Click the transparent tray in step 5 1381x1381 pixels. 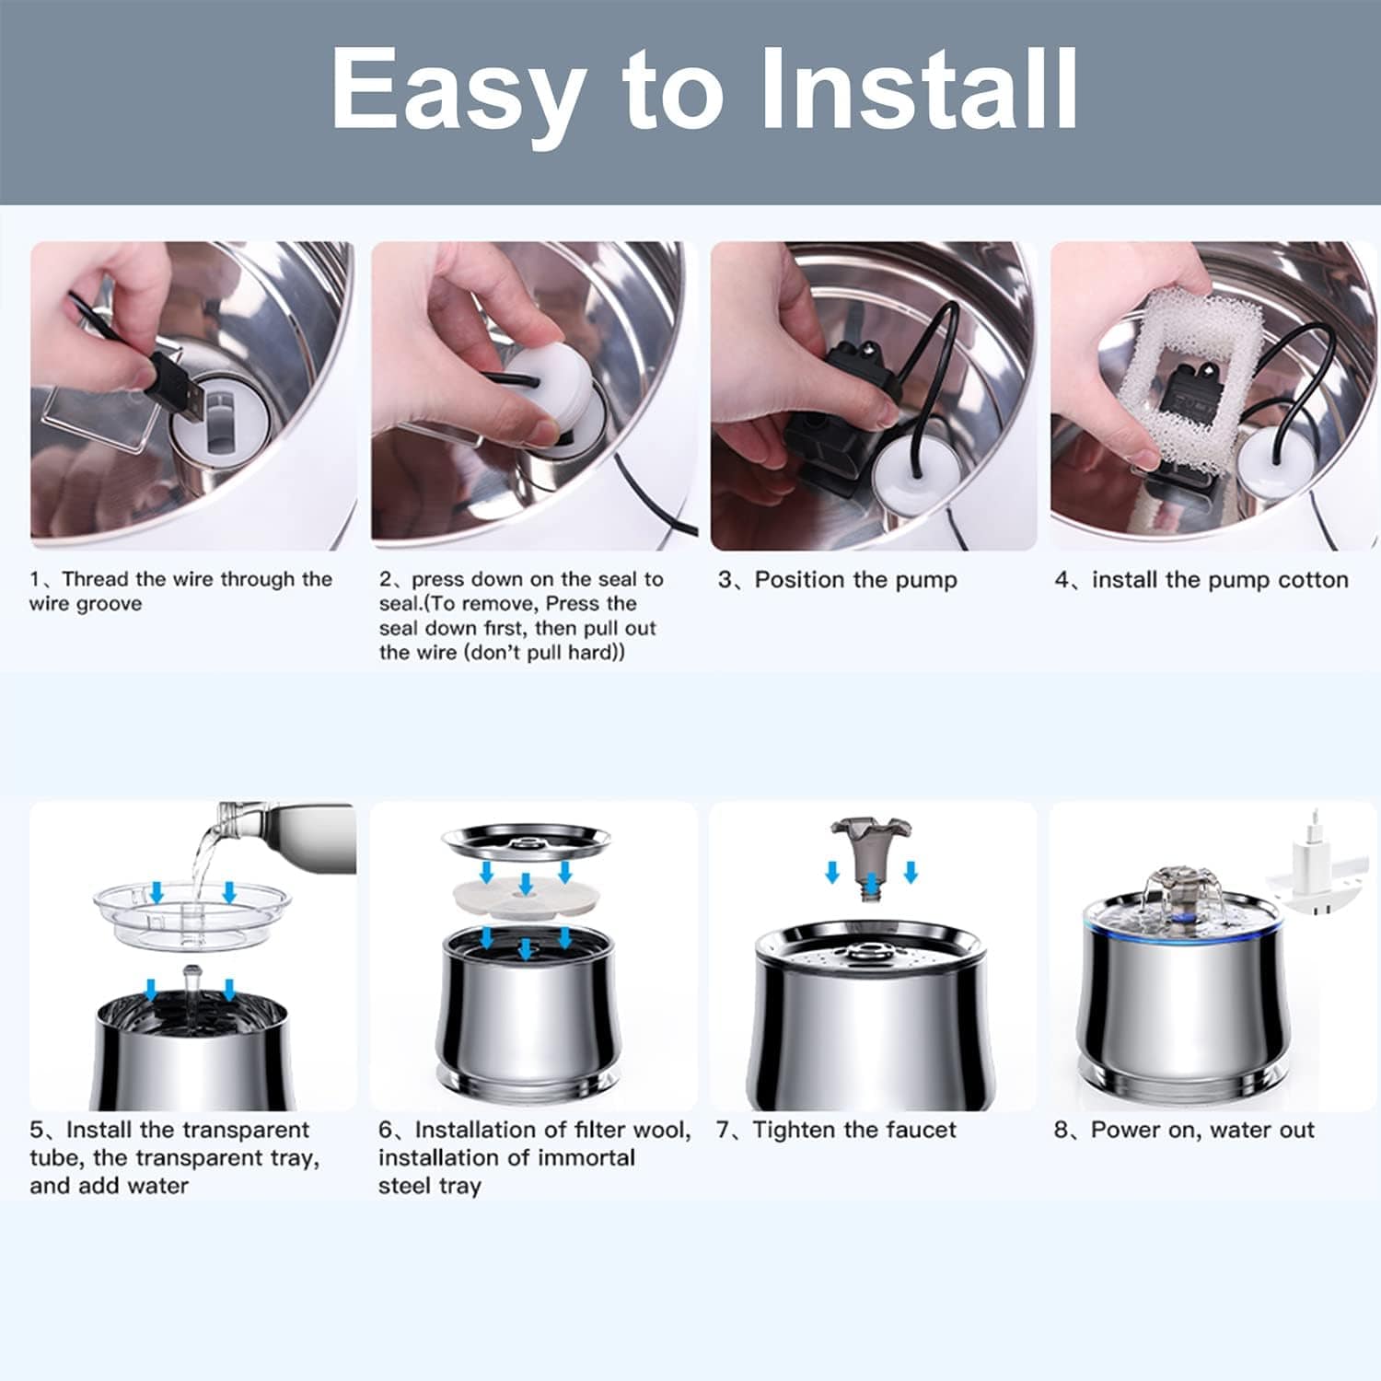(191, 911)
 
